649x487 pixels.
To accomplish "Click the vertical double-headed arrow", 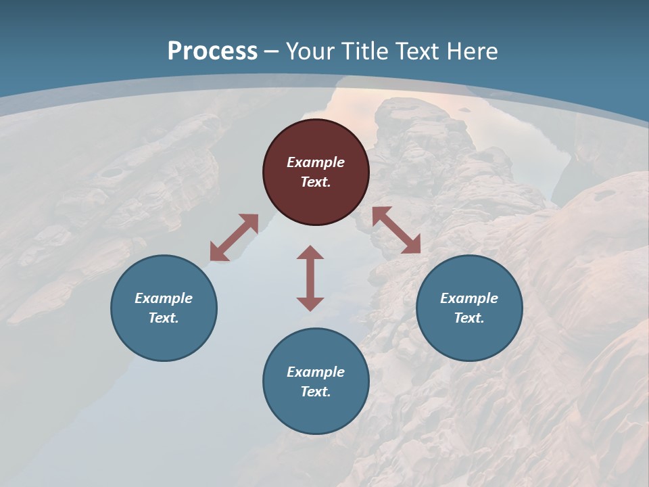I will click(310, 278).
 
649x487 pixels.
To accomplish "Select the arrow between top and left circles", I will click(234, 237).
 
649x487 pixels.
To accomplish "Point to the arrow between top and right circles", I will click(396, 230).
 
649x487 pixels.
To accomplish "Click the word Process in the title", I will click(212, 51).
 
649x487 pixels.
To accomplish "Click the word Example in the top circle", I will click(316, 162).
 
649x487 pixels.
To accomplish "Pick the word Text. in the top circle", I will click(316, 182).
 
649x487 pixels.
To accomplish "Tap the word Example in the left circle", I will click(164, 298).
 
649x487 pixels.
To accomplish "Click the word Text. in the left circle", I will click(164, 318).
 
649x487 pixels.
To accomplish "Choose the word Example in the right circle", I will click(469, 298).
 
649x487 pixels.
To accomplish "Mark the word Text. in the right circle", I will click(469, 318).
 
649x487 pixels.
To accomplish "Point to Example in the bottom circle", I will click(316, 372).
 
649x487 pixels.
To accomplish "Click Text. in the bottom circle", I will click(316, 392).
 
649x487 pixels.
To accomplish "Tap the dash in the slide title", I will click(272, 51).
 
